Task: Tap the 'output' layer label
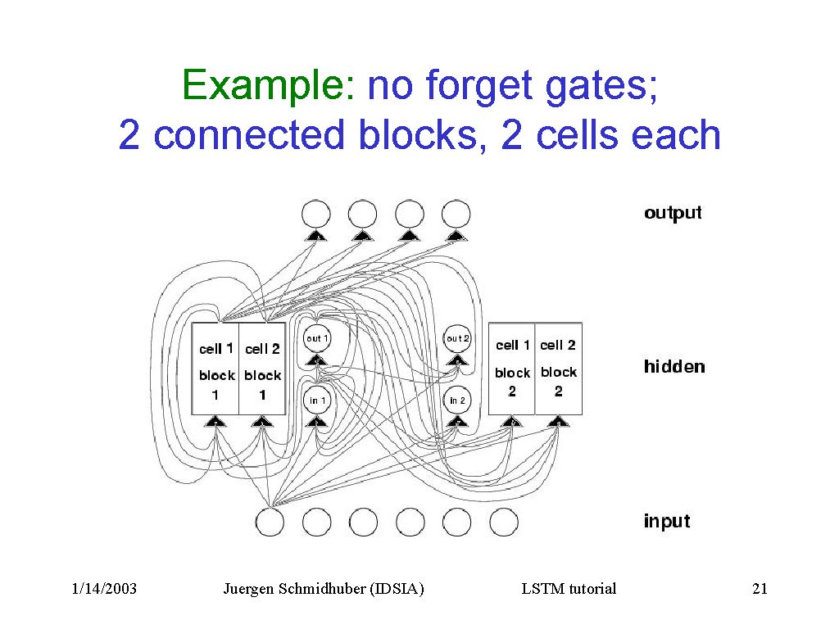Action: click(x=673, y=213)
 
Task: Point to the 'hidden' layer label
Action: click(x=673, y=366)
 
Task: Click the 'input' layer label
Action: click(x=667, y=521)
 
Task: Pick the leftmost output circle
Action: click(x=316, y=215)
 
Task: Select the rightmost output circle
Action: click(x=456, y=215)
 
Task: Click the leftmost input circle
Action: click(x=270, y=522)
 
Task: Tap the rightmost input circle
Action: click(x=504, y=522)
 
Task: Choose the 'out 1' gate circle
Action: click(x=317, y=338)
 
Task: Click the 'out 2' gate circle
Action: click(x=457, y=338)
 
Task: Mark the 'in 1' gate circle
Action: click(x=318, y=400)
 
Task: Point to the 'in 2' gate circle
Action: click(x=457, y=400)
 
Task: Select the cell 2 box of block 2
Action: click(x=558, y=369)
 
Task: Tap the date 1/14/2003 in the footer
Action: click(x=104, y=588)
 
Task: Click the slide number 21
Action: click(x=759, y=588)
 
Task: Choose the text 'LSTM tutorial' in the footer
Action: click(x=569, y=588)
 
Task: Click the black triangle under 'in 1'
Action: click(x=318, y=421)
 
